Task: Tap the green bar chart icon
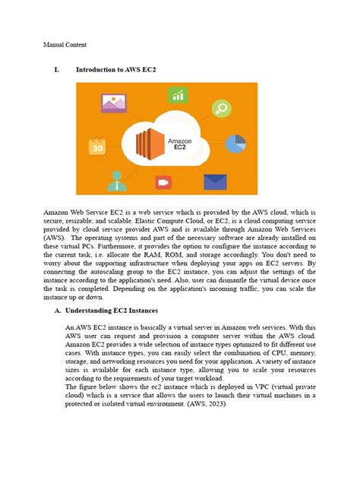(x=178, y=95)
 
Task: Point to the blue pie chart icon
(x=235, y=143)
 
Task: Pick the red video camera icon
(x=162, y=183)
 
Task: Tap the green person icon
(x=117, y=179)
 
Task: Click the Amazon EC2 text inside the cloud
(x=181, y=144)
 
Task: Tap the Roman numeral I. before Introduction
(x=56, y=70)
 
